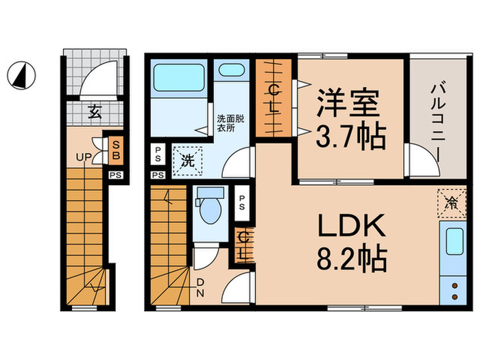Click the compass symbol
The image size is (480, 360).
pyautogui.click(x=21, y=73)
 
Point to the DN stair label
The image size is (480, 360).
pyautogui.click(x=201, y=287)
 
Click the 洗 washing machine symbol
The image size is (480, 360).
pyautogui.click(x=187, y=162)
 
